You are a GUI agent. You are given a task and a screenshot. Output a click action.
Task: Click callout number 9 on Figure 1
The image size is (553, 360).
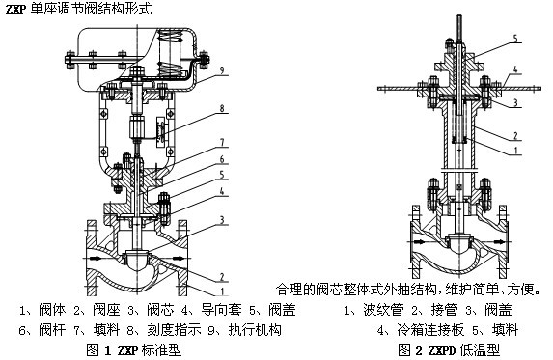(222, 70)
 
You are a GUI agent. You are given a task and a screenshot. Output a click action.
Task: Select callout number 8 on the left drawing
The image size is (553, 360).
(222, 108)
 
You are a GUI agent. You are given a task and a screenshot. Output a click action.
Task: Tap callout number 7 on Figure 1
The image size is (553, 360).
(222, 142)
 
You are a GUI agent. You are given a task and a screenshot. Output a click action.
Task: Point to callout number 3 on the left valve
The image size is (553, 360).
(222, 220)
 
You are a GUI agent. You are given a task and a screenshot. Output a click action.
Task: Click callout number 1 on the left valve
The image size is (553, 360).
(222, 291)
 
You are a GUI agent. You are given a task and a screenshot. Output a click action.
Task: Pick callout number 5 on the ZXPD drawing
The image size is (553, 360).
(515, 38)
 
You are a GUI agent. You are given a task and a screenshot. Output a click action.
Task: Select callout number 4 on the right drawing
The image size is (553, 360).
(515, 69)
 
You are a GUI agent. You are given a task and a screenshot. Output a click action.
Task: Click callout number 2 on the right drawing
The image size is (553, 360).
(515, 135)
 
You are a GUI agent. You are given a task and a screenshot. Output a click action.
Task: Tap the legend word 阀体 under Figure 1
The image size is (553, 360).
(52, 310)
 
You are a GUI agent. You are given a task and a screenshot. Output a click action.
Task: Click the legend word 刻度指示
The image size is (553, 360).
(174, 330)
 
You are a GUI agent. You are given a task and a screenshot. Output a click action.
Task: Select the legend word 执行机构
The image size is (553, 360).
(255, 330)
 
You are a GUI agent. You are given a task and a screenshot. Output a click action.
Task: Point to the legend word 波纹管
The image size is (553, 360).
(383, 310)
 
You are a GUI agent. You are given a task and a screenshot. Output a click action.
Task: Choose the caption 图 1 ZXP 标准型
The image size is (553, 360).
(134, 350)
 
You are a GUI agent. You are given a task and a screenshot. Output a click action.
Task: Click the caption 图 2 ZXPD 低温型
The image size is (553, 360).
(449, 350)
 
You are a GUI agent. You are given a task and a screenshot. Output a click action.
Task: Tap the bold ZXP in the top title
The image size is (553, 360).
(15, 9)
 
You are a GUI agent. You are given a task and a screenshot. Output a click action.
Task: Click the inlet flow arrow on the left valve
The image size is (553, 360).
(95, 259)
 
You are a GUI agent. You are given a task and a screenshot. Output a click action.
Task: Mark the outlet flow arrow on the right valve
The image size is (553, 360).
(499, 242)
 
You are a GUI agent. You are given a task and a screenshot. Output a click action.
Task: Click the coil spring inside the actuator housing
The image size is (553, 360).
(170, 53)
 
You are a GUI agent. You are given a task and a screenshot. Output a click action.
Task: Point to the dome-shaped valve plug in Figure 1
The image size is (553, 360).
(138, 260)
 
